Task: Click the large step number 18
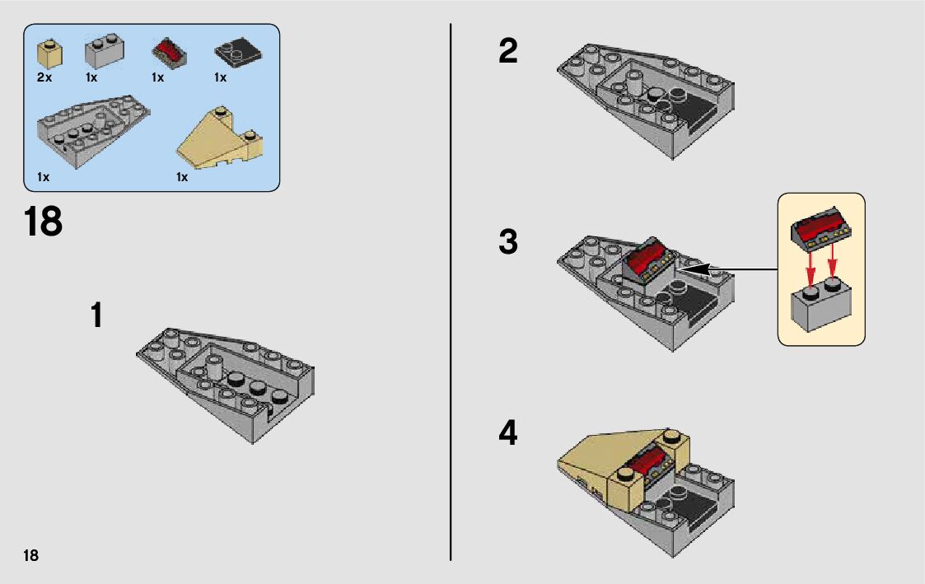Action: coord(43,222)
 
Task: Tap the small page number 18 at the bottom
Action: coord(30,555)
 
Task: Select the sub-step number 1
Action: coord(96,315)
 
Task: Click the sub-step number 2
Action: coord(508,51)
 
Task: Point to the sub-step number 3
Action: coord(508,242)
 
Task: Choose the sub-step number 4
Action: coord(508,433)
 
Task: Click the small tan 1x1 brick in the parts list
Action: coord(49,54)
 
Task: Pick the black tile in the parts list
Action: coord(238,52)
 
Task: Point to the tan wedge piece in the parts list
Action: coord(220,138)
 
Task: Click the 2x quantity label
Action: coord(44,77)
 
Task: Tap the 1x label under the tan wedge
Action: coord(182,177)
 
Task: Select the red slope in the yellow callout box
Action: coord(820,226)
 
